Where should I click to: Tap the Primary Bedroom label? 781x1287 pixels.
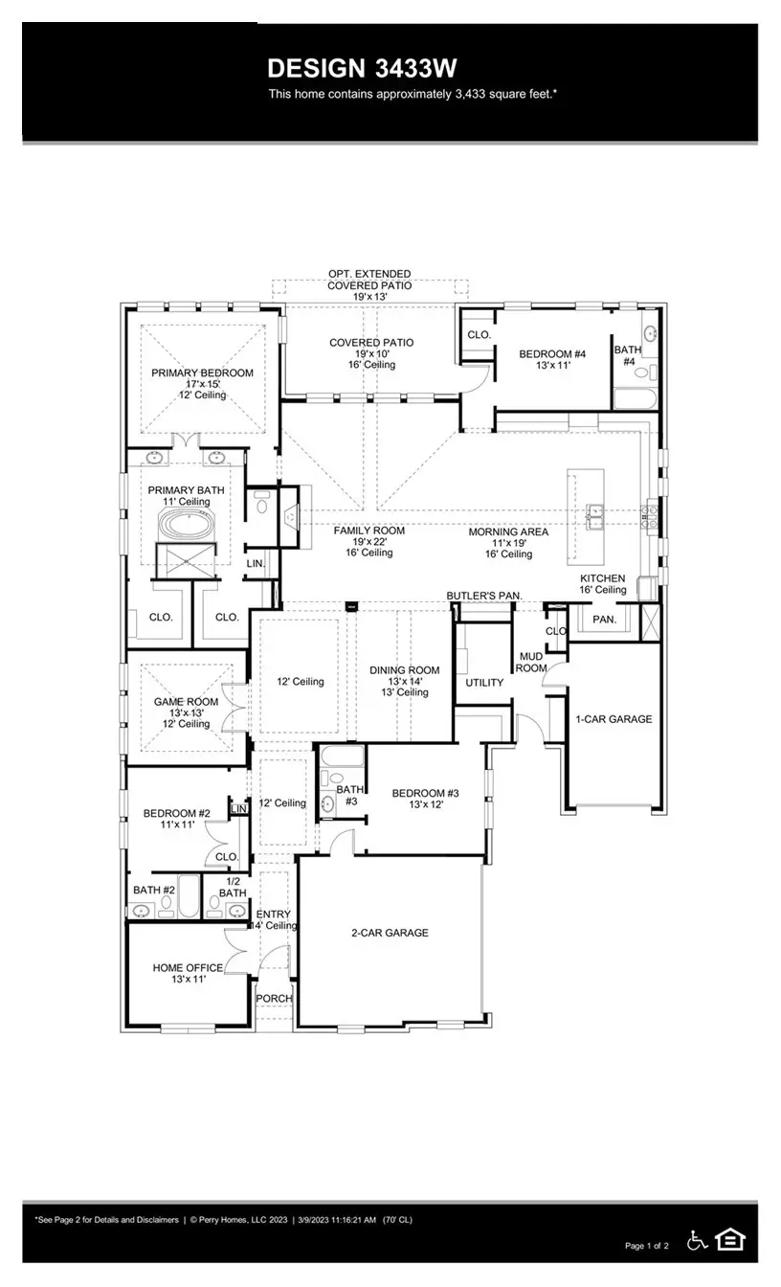tap(202, 373)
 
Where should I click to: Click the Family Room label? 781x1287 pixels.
tap(368, 531)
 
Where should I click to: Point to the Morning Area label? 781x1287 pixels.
tap(508, 531)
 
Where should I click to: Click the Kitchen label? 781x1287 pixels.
tap(603, 578)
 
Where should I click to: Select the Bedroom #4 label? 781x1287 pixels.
tap(551, 354)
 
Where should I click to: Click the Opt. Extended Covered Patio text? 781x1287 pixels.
tap(369, 280)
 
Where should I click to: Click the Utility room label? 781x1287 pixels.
tap(484, 683)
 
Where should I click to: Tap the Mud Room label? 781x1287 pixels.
tap(530, 662)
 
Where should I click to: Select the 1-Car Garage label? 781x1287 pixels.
tap(614, 719)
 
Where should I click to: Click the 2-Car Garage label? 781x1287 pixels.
tap(390, 932)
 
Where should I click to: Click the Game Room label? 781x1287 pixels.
tap(187, 702)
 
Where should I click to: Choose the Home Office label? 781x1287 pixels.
tap(188, 968)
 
